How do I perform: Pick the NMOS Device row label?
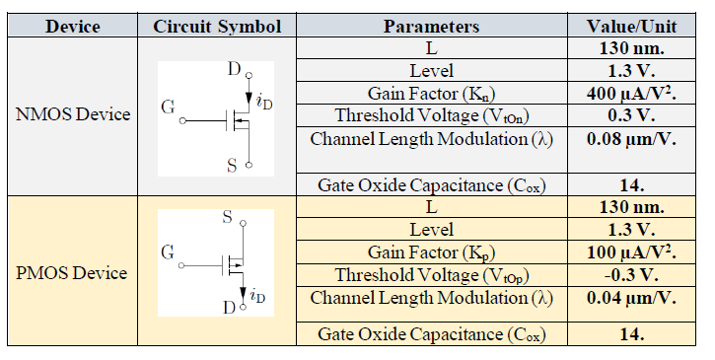(x=73, y=114)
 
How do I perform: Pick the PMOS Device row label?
(x=73, y=271)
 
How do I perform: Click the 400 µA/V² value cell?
(x=631, y=93)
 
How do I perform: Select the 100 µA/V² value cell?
(x=631, y=252)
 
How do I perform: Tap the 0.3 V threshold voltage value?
(x=631, y=115)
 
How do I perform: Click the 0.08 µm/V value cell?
(x=631, y=139)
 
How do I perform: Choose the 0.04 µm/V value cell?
(x=631, y=298)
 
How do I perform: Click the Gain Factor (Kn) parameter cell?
(x=431, y=94)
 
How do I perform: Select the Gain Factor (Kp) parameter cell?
(x=431, y=253)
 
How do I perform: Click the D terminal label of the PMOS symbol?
(x=229, y=308)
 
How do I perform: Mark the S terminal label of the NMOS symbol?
(x=231, y=166)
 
